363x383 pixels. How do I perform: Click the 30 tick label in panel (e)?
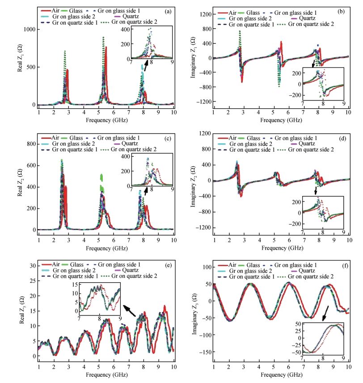point(33,266)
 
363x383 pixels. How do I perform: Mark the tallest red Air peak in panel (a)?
point(106,47)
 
